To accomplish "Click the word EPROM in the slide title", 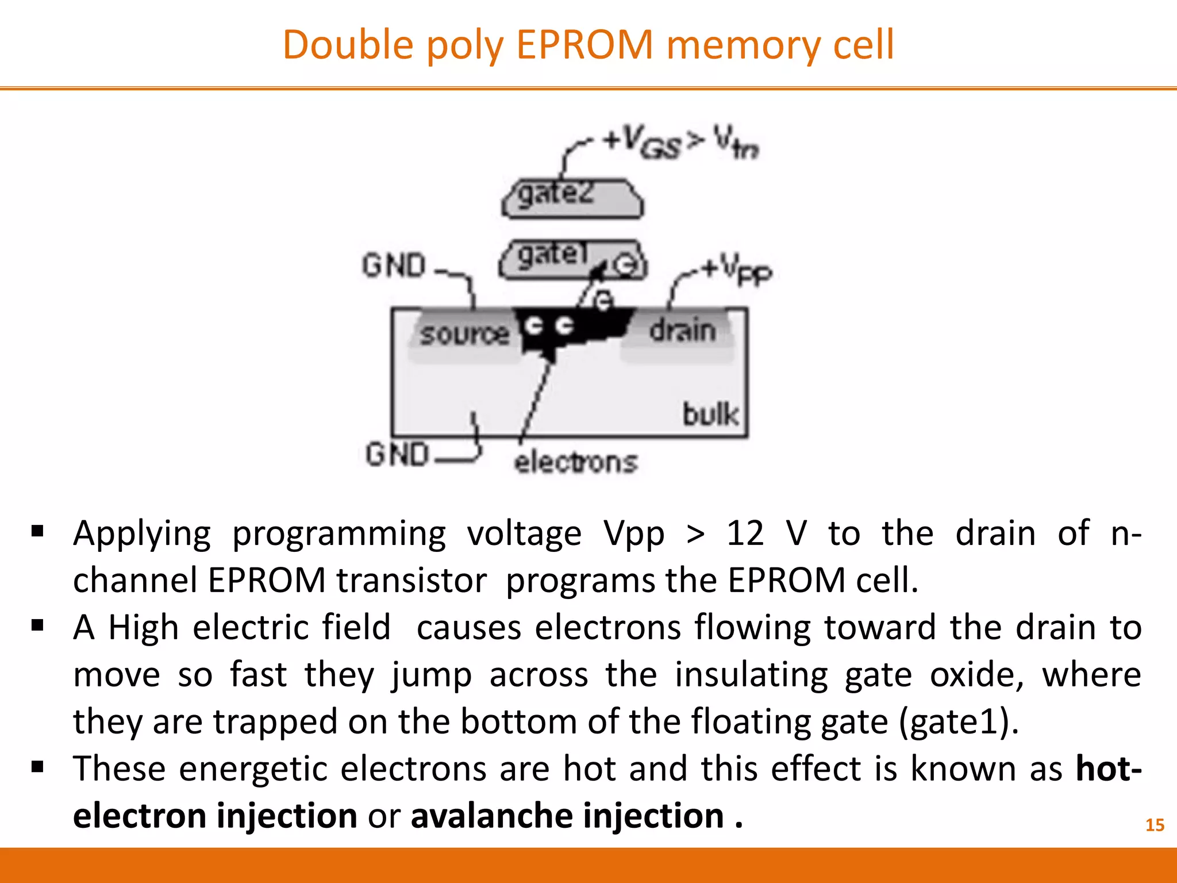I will tap(584, 45).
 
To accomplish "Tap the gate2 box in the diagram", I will tap(572, 199).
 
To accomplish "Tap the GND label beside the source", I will tap(394, 266).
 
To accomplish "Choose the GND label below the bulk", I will tap(398, 454).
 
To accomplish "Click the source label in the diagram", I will tap(464, 334).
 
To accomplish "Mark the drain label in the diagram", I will tap(683, 331).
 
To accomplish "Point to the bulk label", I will tap(710, 414).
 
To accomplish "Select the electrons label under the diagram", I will tap(576, 462).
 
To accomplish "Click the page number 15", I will tap(1155, 825).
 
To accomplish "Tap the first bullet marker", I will tap(38, 531).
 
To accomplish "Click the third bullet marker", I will tap(38, 767).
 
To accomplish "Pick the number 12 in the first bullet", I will tap(745, 533).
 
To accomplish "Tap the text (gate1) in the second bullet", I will tap(958, 721).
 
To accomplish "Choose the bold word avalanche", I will tap(491, 816).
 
